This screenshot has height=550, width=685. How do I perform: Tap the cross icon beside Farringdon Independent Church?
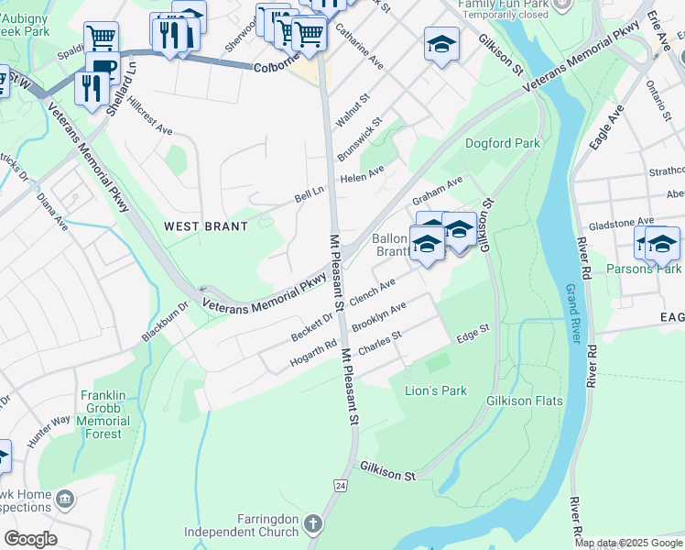click(313, 524)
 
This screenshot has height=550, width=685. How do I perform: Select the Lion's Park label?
click(436, 390)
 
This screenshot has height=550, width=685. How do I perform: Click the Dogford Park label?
click(503, 143)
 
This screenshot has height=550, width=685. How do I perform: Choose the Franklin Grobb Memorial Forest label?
click(115, 414)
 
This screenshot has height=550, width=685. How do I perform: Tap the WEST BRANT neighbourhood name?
click(206, 225)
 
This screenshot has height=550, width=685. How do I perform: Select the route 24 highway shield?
click(341, 484)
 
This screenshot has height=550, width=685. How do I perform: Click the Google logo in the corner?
click(31, 538)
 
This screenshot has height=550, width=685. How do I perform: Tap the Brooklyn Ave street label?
click(378, 317)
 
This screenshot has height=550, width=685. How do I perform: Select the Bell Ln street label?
click(310, 194)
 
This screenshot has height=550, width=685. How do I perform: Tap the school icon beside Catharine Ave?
click(441, 43)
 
